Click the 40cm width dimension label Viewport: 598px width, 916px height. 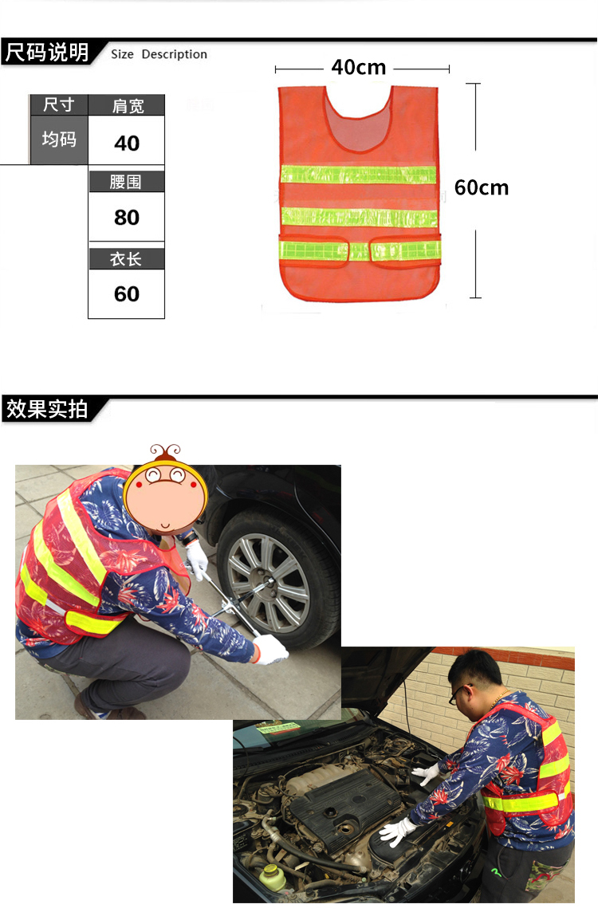click(358, 67)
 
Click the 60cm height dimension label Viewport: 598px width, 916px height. click(481, 187)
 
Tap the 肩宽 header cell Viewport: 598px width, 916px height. click(127, 106)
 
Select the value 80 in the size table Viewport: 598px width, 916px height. click(127, 218)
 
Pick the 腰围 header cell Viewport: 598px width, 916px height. click(126, 182)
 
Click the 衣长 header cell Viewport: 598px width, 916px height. click(126, 259)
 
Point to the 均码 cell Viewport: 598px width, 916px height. click(59, 139)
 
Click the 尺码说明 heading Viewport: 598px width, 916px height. click(47, 53)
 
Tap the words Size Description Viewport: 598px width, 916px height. click(159, 54)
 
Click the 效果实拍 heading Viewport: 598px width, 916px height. click(47, 408)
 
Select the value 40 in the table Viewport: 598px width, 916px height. click(127, 143)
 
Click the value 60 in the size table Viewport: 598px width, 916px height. click(127, 294)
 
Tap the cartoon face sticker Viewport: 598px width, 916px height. click(166, 491)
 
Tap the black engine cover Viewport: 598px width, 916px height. click(342, 806)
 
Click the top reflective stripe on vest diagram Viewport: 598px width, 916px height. click(358, 174)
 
